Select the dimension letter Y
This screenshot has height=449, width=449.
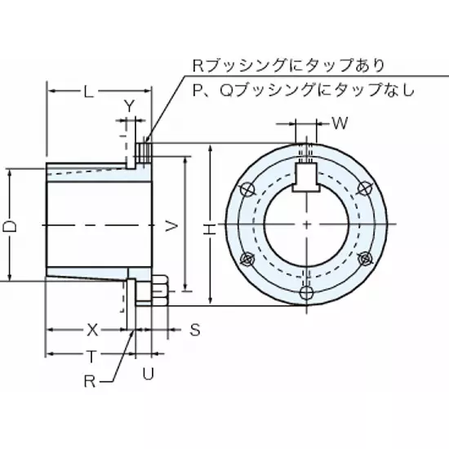[x=130, y=105]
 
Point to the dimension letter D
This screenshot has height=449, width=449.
[x=17, y=224]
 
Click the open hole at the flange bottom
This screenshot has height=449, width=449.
[x=306, y=293]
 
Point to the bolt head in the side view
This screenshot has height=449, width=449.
[x=158, y=291]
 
